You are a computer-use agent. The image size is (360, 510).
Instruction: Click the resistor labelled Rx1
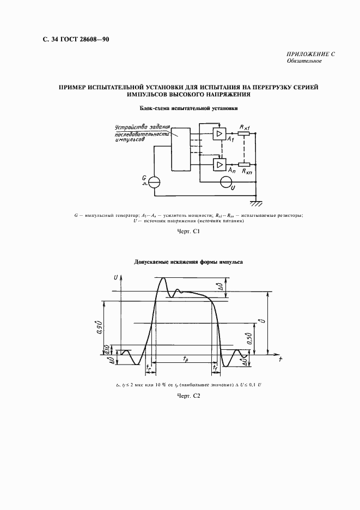click(x=244, y=133)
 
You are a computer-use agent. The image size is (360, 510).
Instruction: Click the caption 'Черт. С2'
click(x=189, y=396)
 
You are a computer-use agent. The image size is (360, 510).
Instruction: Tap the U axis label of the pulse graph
click(x=115, y=278)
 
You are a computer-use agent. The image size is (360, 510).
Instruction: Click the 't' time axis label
click(x=279, y=360)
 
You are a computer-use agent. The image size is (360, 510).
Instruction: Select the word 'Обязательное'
click(x=304, y=61)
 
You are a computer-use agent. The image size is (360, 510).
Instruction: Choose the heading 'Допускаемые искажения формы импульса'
click(x=189, y=262)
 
